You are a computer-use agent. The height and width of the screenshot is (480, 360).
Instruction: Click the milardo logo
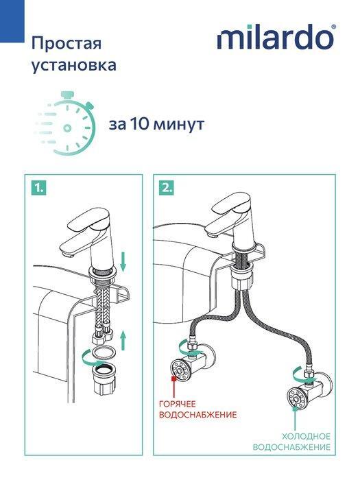coord(276,38)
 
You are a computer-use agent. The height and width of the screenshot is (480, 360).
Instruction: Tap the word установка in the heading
coord(73,67)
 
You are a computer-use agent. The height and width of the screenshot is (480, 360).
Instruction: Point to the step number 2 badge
coord(166,186)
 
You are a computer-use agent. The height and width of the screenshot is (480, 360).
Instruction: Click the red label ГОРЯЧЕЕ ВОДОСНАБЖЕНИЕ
coord(197,410)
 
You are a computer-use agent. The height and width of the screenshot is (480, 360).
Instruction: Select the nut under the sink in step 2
coord(244,281)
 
